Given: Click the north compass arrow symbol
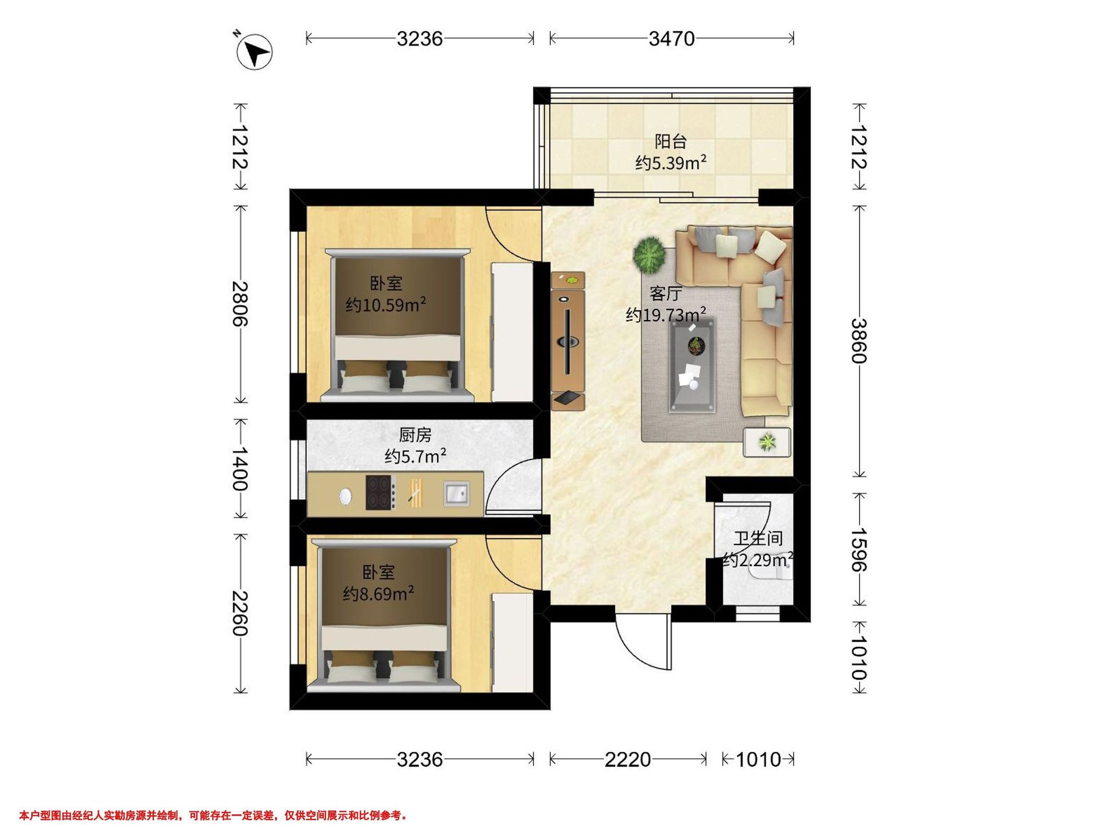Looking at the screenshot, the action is [255, 51].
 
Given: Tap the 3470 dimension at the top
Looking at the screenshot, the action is [671, 38].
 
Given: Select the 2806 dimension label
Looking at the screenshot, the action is [240, 303].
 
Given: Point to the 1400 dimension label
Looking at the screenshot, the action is [240, 468].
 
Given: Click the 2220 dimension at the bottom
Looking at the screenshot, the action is [627, 759].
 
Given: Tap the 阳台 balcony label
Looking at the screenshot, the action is [671, 142].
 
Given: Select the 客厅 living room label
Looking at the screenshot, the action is [665, 294].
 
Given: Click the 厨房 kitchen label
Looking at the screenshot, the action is [415, 435].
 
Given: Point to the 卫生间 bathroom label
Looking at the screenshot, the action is [758, 539].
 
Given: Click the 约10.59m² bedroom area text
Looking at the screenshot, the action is [386, 304].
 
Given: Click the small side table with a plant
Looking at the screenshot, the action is [767, 442].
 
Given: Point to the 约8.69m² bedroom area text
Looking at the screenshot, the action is [379, 593].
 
